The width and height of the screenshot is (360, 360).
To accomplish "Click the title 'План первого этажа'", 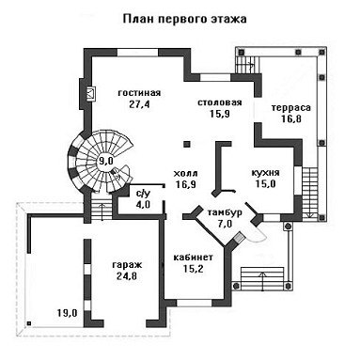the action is [x=184, y=19].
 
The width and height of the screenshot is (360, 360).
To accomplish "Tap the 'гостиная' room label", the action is [x=139, y=93].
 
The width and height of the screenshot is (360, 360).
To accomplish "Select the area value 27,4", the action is [x=139, y=104].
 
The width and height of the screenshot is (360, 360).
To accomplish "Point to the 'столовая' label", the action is [x=220, y=102].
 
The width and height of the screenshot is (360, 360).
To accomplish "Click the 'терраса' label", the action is [x=291, y=108].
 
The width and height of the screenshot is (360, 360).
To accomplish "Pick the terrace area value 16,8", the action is [x=291, y=119].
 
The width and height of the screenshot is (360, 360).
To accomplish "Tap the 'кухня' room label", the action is [x=265, y=173].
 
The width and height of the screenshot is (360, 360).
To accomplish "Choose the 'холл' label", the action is [x=185, y=173].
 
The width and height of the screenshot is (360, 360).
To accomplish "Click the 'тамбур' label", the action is [x=225, y=212].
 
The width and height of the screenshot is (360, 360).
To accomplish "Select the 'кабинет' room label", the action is [x=193, y=258].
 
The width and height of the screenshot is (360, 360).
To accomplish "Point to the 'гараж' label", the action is [x=127, y=265].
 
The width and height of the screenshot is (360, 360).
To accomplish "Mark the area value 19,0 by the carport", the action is [x=67, y=312].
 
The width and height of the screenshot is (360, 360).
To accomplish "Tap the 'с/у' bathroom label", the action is [x=143, y=194].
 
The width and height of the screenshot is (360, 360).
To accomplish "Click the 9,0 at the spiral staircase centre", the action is [x=104, y=162].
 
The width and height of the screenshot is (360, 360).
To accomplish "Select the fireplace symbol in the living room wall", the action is [x=91, y=94].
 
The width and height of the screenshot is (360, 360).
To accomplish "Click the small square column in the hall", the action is [x=187, y=145].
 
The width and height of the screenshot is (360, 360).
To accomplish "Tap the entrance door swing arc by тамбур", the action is [x=258, y=236].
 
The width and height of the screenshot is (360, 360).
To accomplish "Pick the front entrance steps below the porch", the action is [x=262, y=279].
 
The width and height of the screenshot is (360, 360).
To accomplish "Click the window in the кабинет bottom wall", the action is [x=195, y=303].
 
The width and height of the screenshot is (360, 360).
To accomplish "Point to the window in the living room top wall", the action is [x=137, y=52].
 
